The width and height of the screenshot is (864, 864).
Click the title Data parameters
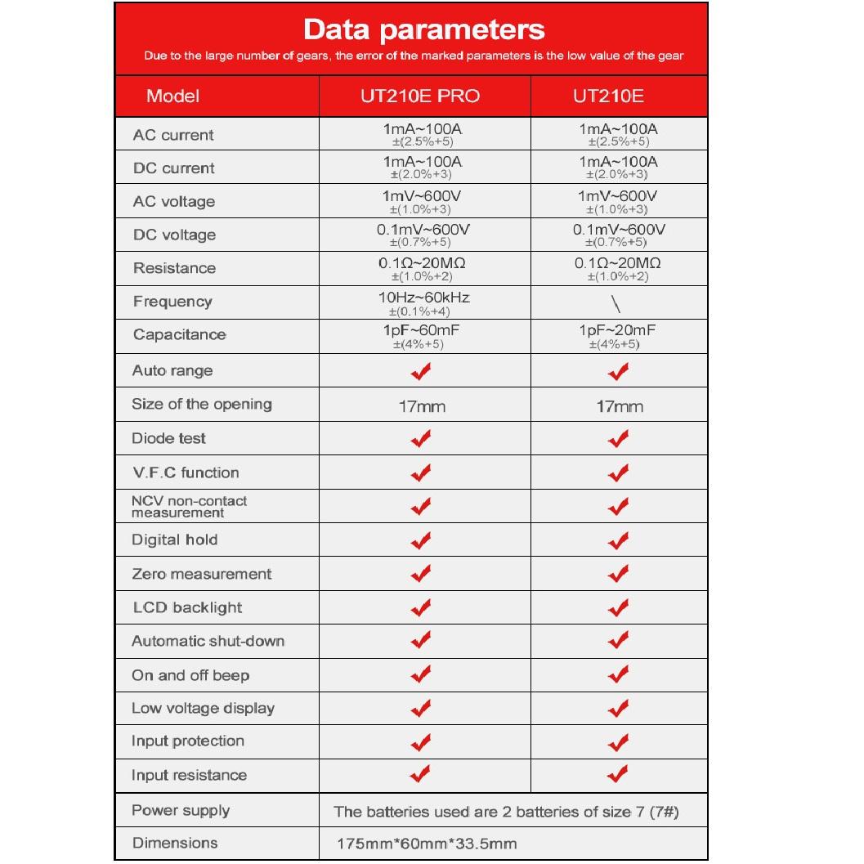(x=423, y=30)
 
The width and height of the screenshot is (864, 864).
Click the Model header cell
(x=172, y=96)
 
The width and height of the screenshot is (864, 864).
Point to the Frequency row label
(x=172, y=302)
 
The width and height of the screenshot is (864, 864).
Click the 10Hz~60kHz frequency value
(x=424, y=297)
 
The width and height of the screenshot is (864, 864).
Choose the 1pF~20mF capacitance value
(x=617, y=329)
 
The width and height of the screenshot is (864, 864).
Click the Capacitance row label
(x=179, y=334)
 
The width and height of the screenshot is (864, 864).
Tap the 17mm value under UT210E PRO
(x=421, y=406)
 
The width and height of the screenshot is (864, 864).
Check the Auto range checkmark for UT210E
(x=619, y=372)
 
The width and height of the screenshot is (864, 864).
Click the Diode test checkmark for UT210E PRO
(x=421, y=439)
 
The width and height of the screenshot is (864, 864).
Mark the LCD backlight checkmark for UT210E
(x=619, y=608)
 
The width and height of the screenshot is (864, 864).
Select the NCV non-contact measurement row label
(x=189, y=507)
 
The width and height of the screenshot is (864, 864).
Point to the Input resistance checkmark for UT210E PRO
(x=421, y=773)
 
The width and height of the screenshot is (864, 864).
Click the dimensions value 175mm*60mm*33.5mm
(x=428, y=844)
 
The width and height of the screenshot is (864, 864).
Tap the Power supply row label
(x=181, y=811)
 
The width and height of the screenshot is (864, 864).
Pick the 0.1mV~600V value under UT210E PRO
(x=423, y=230)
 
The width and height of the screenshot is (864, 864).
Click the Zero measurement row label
(x=201, y=574)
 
